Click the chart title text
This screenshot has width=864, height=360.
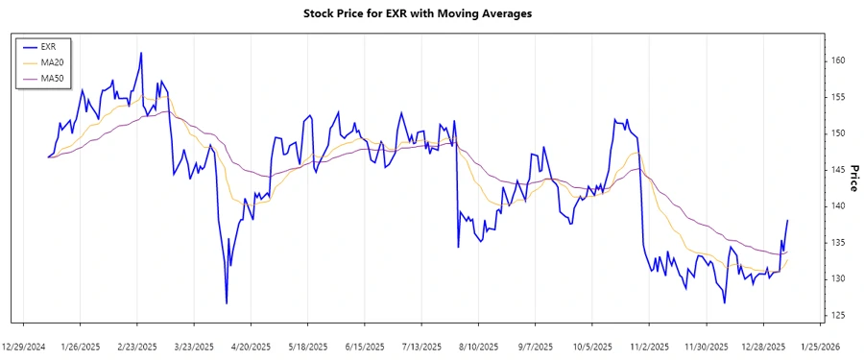point(431,13)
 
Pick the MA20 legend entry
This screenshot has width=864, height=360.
point(53,61)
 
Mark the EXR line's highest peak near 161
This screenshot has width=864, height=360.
point(141,53)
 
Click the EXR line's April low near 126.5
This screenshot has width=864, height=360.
point(227,303)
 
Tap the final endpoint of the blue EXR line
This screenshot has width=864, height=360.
point(788,220)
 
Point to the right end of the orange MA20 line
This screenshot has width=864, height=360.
point(788,259)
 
